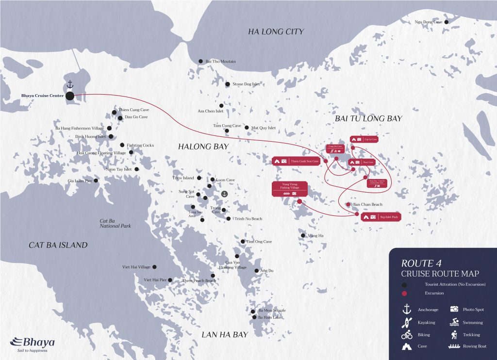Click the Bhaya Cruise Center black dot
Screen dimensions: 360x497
pos(70,96)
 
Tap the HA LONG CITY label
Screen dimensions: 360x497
pos(276,32)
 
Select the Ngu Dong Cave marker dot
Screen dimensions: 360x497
pos(446,22)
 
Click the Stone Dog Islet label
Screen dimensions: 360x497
pos(246,84)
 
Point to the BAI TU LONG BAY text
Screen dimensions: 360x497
pos(368,118)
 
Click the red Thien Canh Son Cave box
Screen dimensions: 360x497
pos(297,161)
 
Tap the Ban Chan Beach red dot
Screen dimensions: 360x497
pos(348,205)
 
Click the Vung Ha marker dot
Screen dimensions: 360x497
pos(303,236)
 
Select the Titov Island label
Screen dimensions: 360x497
pos(183,178)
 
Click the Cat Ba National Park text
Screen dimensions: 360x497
pos(115,223)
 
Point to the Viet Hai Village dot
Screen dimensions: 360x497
pos(154,267)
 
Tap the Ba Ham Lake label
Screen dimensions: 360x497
pos(269,317)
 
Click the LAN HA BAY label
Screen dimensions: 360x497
pos(225,334)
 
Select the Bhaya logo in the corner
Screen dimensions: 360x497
pos(32,344)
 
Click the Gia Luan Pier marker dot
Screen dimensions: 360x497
pos(96,180)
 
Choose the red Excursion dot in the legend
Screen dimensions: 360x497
pos(404,293)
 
